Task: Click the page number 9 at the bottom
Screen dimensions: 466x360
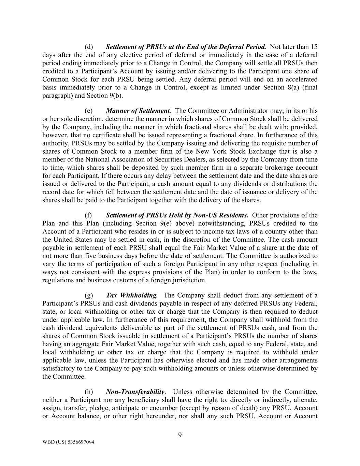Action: tap(180, 435)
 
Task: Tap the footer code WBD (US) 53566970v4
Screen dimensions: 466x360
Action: tap(68, 442)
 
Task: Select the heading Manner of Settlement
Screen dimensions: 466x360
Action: tap(138, 111)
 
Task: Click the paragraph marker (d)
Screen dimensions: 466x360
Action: tap(89, 47)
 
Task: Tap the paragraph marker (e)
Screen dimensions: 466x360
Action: tap(89, 111)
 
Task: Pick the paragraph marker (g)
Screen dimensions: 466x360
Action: tap(89, 295)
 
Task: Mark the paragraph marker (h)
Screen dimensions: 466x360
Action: tap(89, 392)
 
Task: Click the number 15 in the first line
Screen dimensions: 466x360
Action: tap(314, 47)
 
